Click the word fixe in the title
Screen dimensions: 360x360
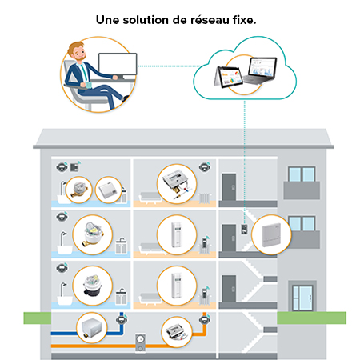click(242, 20)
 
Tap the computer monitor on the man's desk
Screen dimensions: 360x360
click(118, 64)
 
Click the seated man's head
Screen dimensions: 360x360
click(77, 51)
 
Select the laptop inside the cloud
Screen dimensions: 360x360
click(260, 71)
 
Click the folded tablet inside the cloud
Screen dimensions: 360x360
click(228, 78)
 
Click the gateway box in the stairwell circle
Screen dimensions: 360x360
click(271, 235)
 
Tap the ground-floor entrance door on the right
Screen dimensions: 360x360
click(302, 298)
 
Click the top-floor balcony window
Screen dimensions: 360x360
click(302, 174)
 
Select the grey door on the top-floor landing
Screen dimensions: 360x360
click(229, 187)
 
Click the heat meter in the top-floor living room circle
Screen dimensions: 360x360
click(177, 184)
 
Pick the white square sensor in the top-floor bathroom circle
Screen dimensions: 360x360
click(108, 190)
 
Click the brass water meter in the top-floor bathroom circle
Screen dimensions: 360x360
click(78, 190)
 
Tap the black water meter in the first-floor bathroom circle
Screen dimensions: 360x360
click(93, 286)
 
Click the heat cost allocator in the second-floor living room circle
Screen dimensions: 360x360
click(176, 234)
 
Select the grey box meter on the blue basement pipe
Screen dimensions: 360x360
click(91, 328)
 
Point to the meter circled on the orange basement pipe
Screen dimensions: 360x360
click(177, 332)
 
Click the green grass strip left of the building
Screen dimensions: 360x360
click(38, 318)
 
